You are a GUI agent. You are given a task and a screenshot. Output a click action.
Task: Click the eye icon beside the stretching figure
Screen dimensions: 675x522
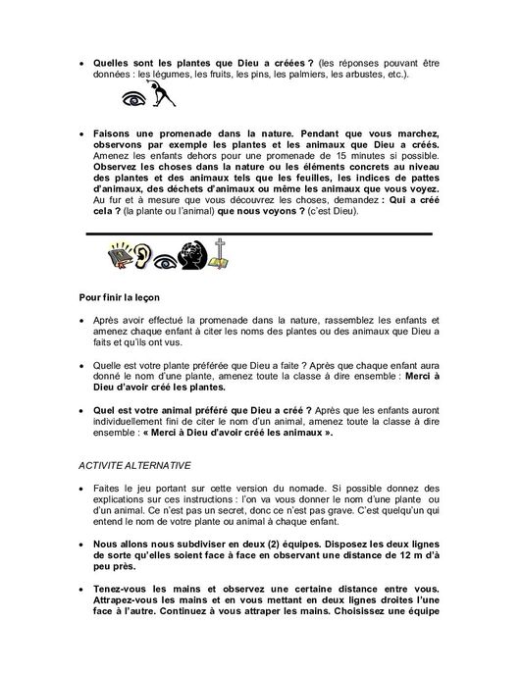click(133, 98)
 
